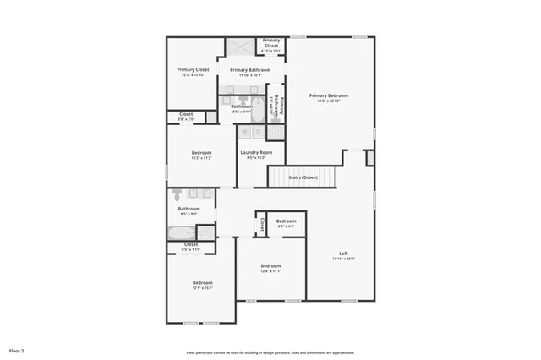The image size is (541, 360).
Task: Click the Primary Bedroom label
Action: (328, 95)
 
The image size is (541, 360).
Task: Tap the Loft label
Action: (343, 254)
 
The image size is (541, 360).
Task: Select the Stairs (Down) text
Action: (303, 177)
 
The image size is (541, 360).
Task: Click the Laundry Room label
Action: (255, 152)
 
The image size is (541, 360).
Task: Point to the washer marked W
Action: (243, 132)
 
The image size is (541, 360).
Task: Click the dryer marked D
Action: (258, 132)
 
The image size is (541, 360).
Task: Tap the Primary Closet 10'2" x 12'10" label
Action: (193, 69)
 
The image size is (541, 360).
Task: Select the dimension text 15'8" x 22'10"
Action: (328, 101)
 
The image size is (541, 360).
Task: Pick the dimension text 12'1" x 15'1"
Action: (202, 288)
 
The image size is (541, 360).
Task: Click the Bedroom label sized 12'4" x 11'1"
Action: (270, 266)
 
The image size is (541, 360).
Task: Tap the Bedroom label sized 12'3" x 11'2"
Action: (200, 153)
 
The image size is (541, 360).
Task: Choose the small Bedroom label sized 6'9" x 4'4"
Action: (286, 221)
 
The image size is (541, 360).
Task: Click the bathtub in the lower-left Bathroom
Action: (182, 233)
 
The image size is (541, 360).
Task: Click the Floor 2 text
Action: (17, 350)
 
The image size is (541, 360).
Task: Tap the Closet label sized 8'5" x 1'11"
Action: (190, 245)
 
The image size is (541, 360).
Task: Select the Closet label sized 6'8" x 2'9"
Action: (186, 114)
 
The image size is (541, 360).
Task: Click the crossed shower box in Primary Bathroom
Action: (238, 46)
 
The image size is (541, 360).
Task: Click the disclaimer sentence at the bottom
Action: (270, 352)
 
